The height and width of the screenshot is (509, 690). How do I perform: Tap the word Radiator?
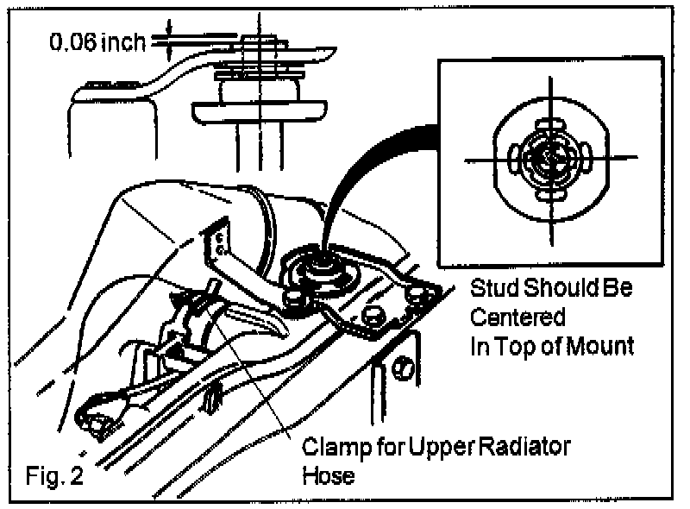(528, 449)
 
